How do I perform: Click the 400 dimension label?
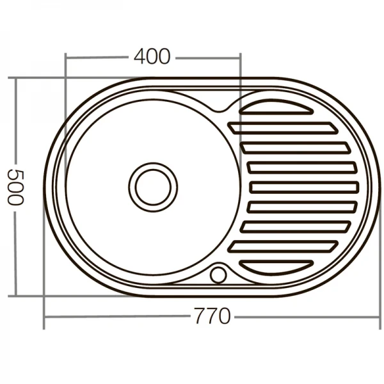tap(152, 57)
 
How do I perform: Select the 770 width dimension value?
tap(211, 316)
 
